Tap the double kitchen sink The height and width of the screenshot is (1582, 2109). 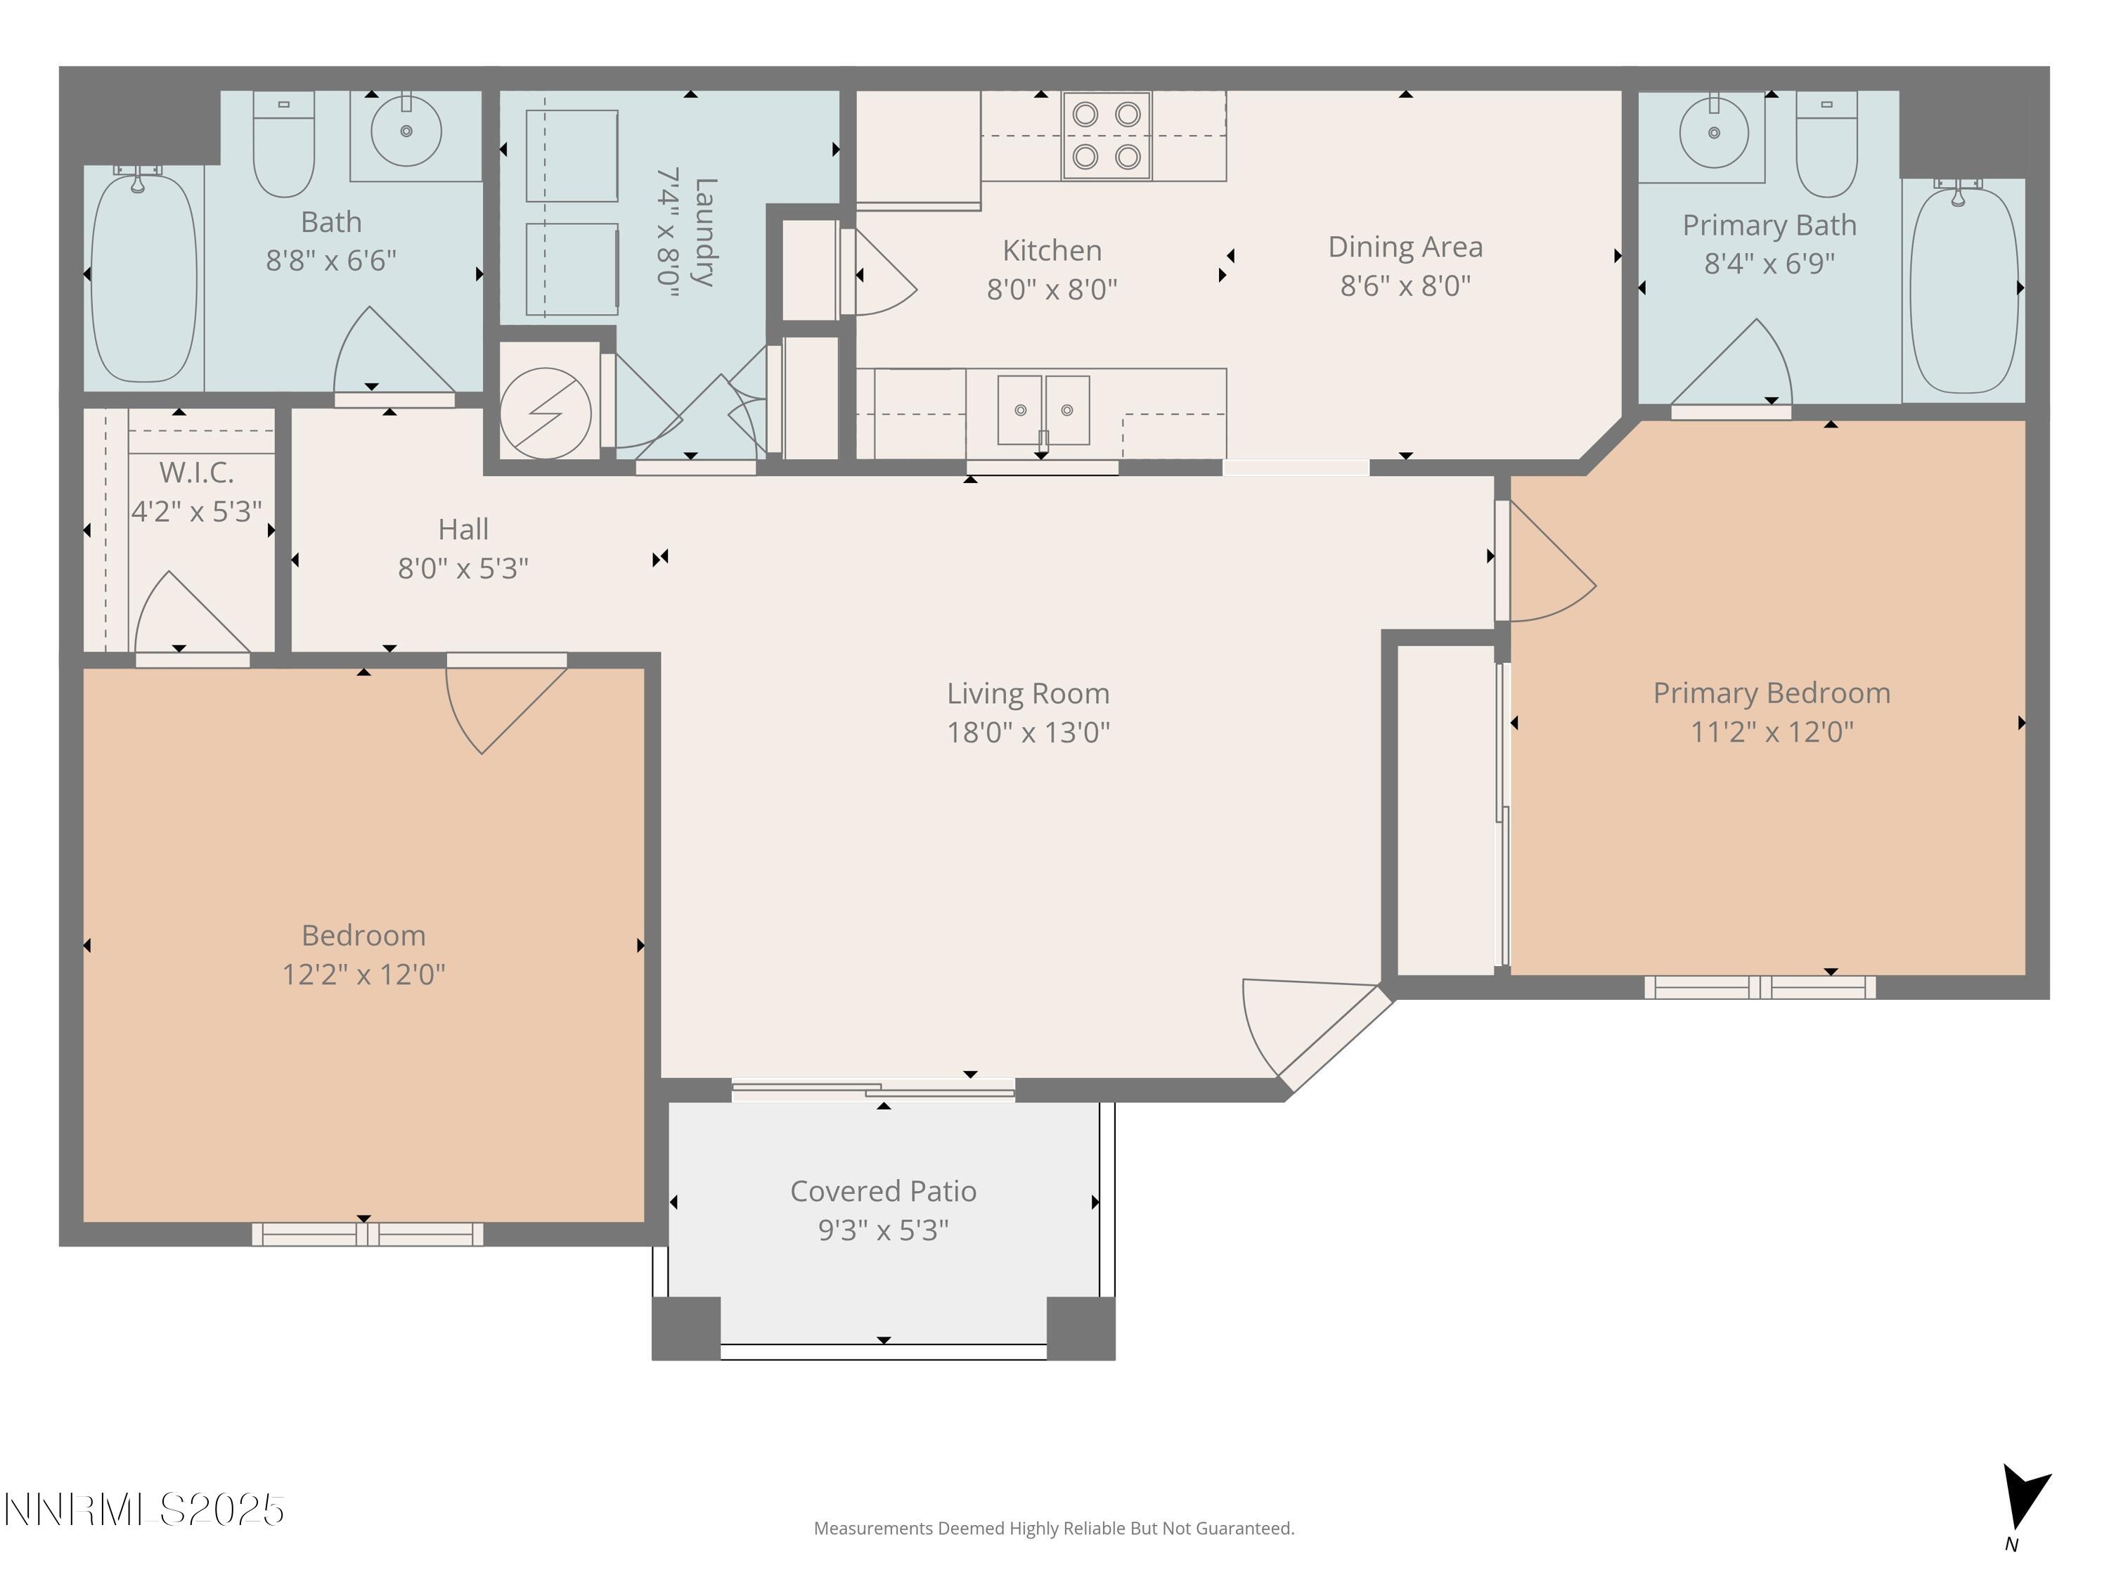(1043, 410)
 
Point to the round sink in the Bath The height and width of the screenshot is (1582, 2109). (406, 131)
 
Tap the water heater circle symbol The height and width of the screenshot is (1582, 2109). (546, 413)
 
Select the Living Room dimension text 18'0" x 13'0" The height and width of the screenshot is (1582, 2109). (1028, 733)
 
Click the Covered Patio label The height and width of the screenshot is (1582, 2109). (883, 1191)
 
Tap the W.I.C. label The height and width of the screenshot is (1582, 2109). (195, 472)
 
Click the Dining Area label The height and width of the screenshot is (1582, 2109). (1405, 247)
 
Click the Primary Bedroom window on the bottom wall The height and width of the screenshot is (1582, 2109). (1759, 987)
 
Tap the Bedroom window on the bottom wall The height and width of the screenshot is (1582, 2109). (367, 1234)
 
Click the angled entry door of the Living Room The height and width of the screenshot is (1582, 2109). (1335, 1039)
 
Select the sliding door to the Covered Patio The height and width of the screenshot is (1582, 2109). (872, 1089)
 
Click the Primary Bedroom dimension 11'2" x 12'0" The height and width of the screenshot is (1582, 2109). (1772, 733)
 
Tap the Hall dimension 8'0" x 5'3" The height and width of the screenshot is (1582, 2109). (463, 568)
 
